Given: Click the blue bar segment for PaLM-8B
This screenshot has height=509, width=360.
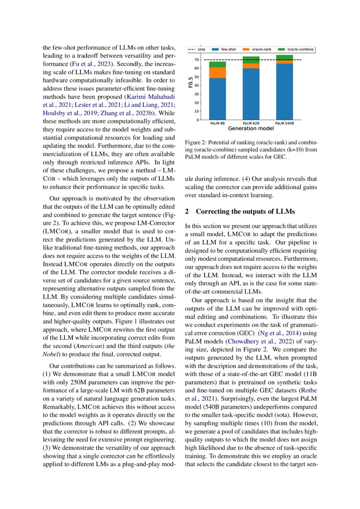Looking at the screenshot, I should point(217,99).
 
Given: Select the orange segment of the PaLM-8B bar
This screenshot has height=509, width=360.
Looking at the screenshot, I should point(217,73).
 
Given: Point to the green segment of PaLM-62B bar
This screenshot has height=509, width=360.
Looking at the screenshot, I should point(251,60).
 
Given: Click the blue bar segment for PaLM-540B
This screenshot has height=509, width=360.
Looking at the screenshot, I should point(284,92).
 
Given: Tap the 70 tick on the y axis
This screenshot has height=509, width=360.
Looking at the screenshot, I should point(197,60).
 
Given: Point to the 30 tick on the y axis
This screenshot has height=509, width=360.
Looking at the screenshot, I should point(197,94).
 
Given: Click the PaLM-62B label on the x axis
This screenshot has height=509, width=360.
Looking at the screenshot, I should point(251,124).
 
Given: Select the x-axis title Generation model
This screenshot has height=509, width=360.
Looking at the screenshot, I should point(251,128).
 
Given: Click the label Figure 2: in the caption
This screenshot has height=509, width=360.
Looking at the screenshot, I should point(198,143).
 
